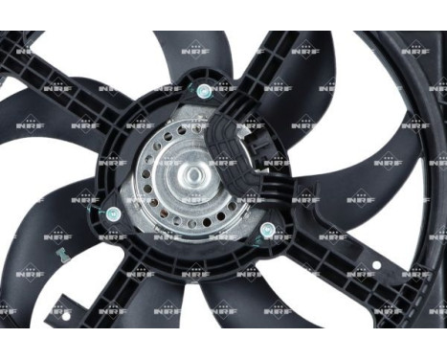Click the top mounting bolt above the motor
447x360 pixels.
point(204,91)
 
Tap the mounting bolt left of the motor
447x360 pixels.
point(113,213)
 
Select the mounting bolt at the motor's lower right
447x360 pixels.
point(267,230)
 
